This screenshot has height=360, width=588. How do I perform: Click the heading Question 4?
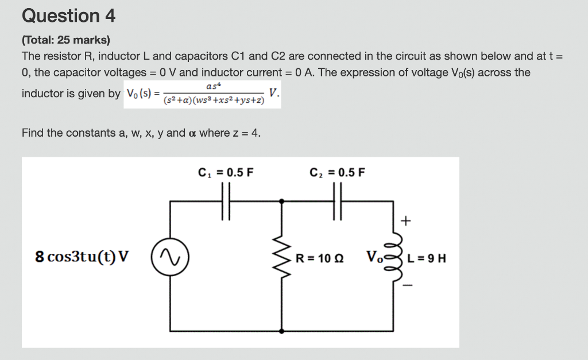click(68, 16)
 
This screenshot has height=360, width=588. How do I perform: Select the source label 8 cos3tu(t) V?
click(82, 257)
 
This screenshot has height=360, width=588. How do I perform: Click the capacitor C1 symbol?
click(226, 201)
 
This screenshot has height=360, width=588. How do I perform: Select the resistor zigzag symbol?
click(281, 257)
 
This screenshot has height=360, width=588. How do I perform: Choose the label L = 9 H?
click(426, 258)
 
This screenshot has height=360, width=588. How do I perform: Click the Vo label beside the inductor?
click(374, 256)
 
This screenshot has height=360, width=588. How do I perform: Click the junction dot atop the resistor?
click(281, 201)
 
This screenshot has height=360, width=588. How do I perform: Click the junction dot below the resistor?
click(281, 331)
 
